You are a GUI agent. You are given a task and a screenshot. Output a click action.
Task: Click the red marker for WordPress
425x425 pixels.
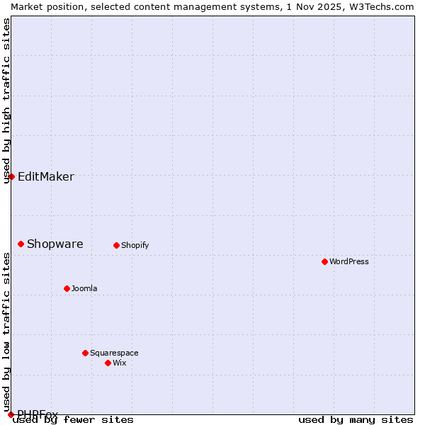(324, 261)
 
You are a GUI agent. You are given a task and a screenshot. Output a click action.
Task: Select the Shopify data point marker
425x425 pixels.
(116, 246)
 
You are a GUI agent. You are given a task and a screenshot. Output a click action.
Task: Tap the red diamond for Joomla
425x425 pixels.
(67, 288)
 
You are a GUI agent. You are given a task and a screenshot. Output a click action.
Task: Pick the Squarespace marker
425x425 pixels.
(85, 353)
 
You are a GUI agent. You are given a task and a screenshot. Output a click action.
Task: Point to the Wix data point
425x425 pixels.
(108, 363)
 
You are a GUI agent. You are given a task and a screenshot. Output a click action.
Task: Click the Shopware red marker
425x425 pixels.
(21, 244)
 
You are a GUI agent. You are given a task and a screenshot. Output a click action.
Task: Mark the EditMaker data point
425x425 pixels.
(11, 176)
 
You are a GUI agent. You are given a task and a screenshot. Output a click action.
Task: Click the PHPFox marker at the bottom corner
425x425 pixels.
(11, 414)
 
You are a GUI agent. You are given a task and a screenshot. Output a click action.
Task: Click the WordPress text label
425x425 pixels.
(348, 261)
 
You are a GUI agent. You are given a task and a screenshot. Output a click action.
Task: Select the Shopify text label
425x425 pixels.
(135, 246)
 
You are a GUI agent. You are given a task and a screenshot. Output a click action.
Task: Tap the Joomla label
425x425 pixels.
(84, 288)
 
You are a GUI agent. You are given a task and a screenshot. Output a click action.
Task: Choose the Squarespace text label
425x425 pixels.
(114, 353)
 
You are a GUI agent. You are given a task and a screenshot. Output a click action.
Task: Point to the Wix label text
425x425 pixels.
(119, 363)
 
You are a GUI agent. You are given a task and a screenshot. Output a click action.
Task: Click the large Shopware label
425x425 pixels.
(55, 244)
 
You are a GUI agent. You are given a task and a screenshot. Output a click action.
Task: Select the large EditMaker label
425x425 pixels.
(45, 177)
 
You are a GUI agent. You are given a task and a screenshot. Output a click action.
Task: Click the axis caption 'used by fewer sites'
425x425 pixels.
(73, 420)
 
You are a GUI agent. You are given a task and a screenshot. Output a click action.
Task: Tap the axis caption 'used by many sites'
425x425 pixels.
(356, 420)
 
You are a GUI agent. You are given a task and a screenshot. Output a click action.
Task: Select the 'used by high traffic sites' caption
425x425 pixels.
(6, 101)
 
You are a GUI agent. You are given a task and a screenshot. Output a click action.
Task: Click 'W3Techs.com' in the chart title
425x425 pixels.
(380, 6)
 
